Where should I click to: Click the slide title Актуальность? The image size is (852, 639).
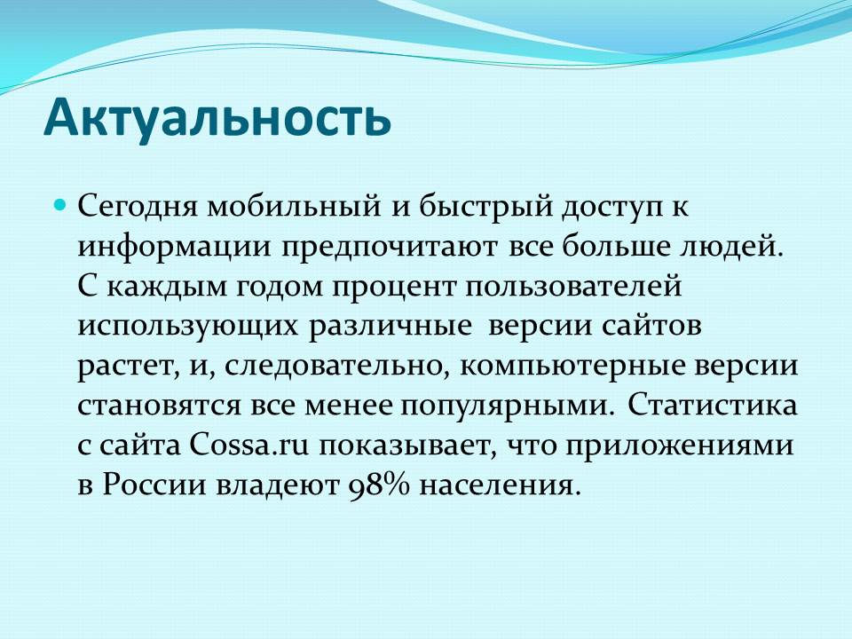point(217,117)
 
